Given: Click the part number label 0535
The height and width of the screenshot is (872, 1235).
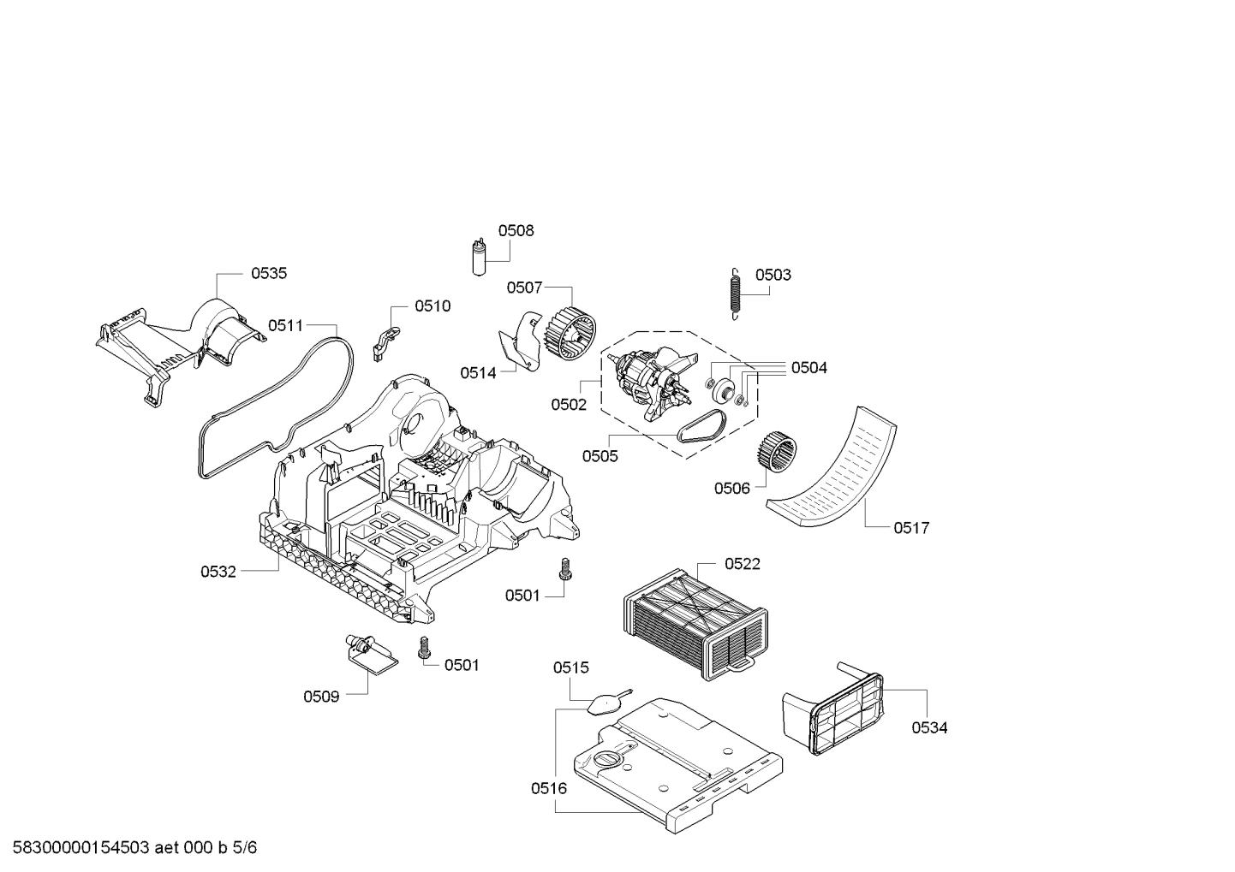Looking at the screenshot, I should pos(268,274).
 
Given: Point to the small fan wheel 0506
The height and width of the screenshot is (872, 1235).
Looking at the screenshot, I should pos(778,453).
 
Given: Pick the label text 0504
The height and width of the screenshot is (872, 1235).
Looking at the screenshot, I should pos(808,368).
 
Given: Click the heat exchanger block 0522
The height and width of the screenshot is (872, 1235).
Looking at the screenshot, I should pos(694,621).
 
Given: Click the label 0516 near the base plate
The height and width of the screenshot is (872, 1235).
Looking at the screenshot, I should pos(548,788).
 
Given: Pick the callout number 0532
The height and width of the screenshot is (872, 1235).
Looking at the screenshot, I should pos(218,572).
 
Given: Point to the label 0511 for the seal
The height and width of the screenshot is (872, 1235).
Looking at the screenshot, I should pos(285,325).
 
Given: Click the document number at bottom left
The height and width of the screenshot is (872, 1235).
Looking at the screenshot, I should pos(129,848).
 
